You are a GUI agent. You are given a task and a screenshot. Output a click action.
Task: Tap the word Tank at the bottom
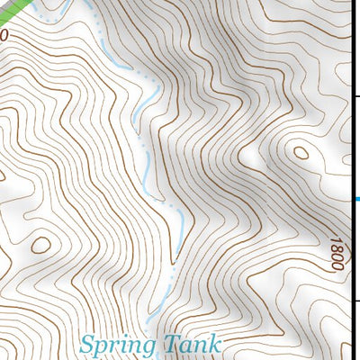click(x=193, y=344)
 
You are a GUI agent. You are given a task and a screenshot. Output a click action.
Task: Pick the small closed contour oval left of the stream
click(x=40, y=245)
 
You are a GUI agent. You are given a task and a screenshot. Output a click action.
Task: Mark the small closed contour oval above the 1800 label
click(x=301, y=153)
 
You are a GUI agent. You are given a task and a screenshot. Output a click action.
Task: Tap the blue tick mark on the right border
click(x=356, y=199)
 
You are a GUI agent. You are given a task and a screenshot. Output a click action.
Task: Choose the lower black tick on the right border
click(x=355, y=301)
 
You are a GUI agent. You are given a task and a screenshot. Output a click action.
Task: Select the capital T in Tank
click(x=172, y=343)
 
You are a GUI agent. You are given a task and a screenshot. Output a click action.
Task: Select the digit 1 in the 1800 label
click(x=337, y=266)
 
